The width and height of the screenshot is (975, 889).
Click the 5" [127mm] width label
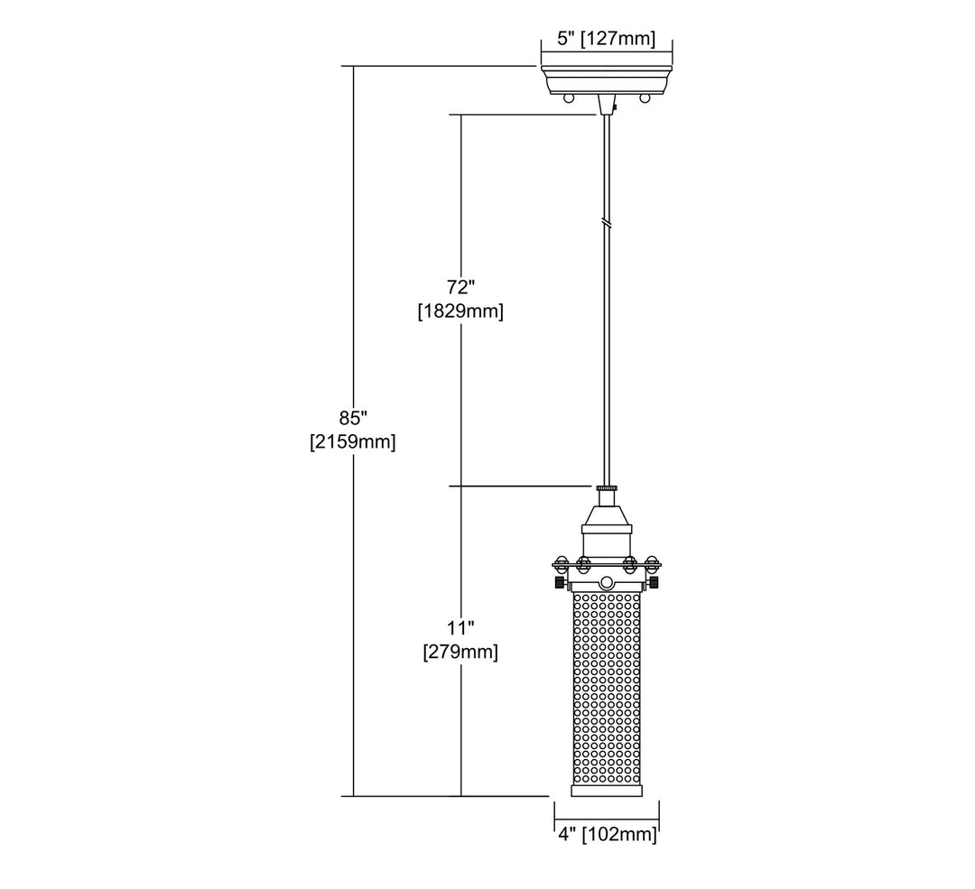(x=607, y=39)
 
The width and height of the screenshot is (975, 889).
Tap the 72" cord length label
(x=460, y=287)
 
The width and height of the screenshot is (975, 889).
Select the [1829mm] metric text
(x=460, y=310)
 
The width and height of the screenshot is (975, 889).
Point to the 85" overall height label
(x=353, y=418)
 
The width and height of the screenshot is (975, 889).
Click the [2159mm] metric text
(x=353, y=442)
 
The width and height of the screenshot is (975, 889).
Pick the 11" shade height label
(x=460, y=628)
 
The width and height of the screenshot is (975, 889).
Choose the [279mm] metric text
(x=460, y=653)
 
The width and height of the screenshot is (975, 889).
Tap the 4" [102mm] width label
(x=607, y=834)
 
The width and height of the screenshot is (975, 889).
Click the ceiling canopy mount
(x=607, y=79)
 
